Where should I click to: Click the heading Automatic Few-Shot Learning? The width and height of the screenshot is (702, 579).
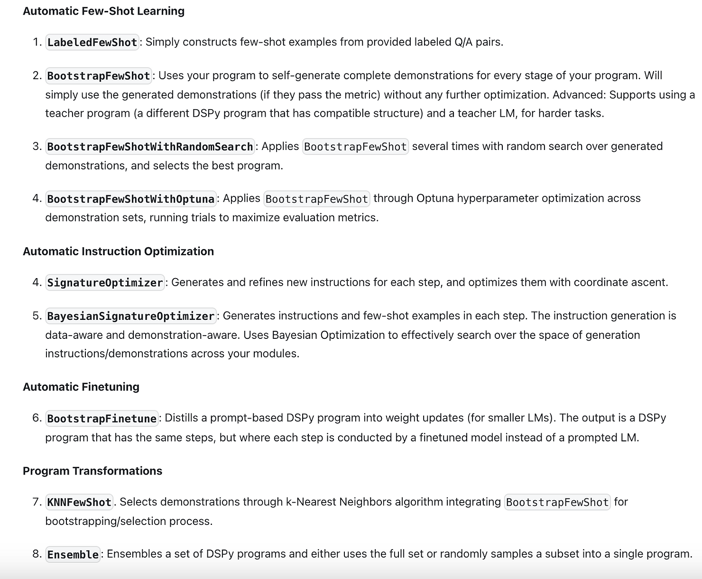(x=103, y=11)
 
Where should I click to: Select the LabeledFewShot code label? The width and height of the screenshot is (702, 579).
(x=92, y=42)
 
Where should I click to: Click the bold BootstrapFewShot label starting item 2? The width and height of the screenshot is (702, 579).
(x=99, y=76)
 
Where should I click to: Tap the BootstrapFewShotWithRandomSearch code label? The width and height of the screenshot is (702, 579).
(x=150, y=147)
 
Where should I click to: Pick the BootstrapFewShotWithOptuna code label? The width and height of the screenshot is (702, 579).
(x=130, y=199)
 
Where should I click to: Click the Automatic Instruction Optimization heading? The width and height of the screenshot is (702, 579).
(x=118, y=251)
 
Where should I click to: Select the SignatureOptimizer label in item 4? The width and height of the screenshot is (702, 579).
(x=105, y=283)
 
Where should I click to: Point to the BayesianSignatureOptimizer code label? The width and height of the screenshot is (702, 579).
(x=130, y=316)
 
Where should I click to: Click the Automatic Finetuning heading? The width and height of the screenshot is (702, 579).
(x=81, y=387)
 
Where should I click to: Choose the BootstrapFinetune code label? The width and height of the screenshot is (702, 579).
(x=102, y=419)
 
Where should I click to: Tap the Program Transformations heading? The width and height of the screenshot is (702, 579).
(x=92, y=471)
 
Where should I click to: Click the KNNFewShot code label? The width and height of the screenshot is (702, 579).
(x=79, y=502)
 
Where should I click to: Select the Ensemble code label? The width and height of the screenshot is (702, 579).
(x=73, y=554)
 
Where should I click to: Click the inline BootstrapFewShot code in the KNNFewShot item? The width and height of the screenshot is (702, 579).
(x=557, y=502)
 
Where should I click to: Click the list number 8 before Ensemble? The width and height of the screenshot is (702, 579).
(x=37, y=554)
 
